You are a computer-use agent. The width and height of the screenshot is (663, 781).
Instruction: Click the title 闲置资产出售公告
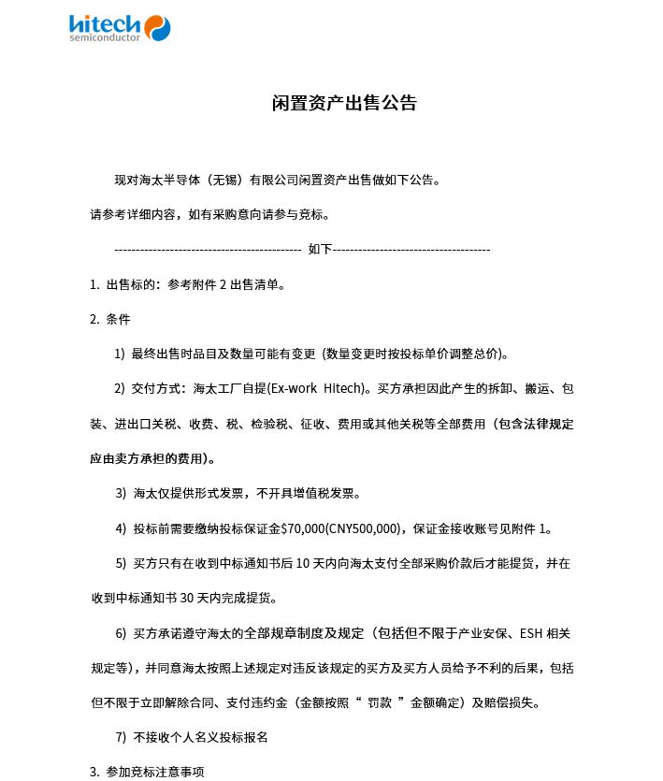point(344,103)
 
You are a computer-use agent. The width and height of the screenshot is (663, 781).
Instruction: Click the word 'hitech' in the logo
point(105,24)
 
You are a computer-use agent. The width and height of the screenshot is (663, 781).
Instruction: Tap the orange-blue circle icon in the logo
point(157,28)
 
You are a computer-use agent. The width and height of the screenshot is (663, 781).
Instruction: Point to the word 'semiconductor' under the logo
point(105,38)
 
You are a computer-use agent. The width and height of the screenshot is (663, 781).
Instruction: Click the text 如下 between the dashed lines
point(320,250)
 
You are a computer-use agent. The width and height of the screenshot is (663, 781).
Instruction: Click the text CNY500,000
point(364,528)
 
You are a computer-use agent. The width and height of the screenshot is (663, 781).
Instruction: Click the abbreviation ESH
point(534,633)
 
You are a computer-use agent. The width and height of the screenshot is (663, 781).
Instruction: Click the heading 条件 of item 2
point(119,319)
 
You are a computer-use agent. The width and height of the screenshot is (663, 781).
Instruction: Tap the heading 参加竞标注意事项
point(155,772)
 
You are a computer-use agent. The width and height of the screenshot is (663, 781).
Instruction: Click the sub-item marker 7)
point(121,737)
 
